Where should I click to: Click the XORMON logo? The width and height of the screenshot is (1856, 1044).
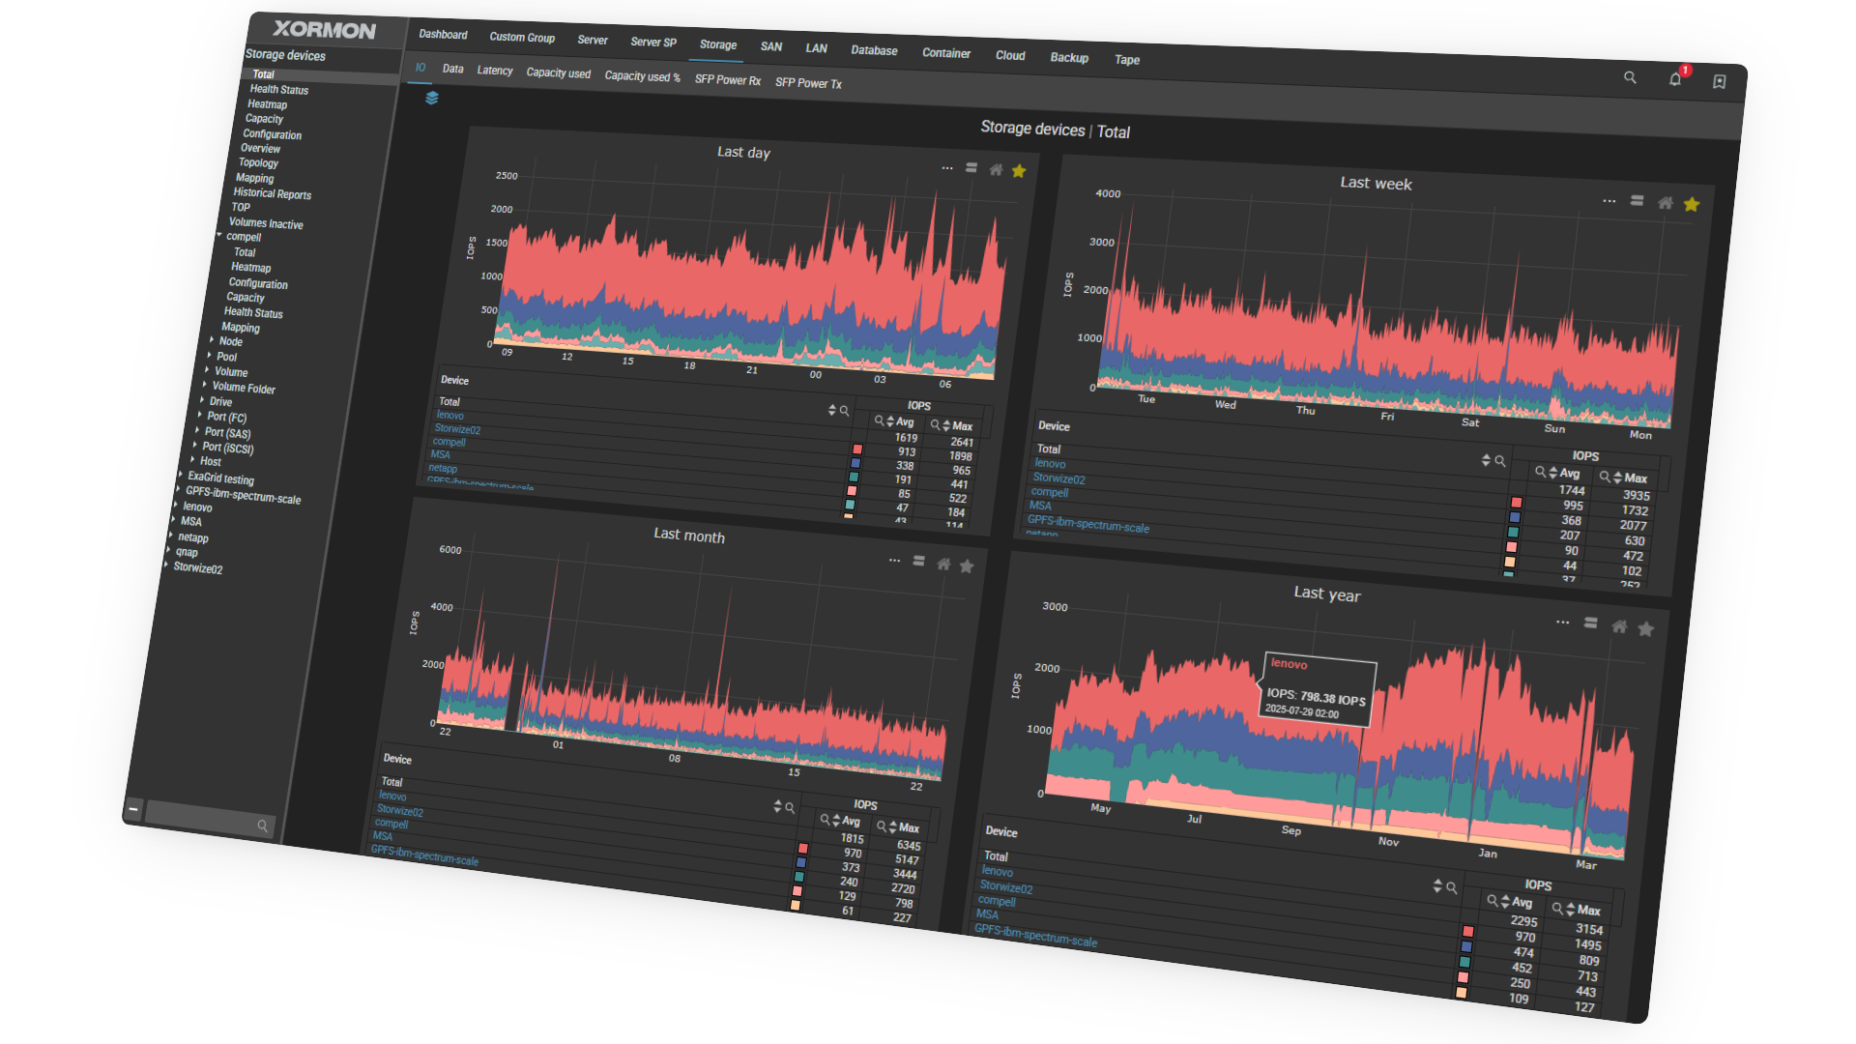[324, 30]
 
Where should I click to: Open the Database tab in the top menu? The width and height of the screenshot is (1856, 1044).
[874, 50]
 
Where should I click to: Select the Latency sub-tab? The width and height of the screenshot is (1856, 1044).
[495, 71]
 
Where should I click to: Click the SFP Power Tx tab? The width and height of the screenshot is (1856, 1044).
[808, 83]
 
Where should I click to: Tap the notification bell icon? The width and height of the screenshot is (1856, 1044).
[1675, 79]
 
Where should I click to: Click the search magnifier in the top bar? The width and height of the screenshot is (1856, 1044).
[1630, 77]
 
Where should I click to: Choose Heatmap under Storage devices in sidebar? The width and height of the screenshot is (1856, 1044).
[267, 104]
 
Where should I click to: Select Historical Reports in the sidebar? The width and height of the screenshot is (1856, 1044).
[272, 193]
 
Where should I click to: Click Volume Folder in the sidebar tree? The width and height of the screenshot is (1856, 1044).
[244, 388]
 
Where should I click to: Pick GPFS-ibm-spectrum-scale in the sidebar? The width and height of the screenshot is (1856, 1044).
[243, 497]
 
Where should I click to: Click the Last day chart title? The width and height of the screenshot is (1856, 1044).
[743, 152]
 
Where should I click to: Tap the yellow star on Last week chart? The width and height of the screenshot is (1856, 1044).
[1692, 204]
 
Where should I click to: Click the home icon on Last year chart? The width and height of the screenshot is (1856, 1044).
[1619, 626]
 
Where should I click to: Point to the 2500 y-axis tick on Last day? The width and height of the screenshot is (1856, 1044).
[507, 176]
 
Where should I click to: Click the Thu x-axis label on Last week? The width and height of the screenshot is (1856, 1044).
[1305, 410]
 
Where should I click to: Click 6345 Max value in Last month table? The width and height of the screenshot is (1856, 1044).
[909, 845]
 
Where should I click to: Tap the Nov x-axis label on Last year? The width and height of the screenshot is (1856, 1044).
[1388, 841]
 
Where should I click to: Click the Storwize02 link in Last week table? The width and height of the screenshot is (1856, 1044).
[1058, 478]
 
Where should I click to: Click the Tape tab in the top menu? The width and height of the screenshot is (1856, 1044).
[1127, 60]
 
